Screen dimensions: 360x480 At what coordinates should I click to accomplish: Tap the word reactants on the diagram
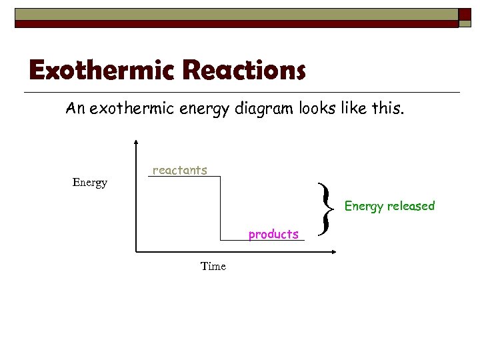click(180, 171)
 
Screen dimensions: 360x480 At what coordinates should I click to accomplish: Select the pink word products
click(273, 234)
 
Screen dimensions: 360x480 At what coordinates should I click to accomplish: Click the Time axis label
click(213, 267)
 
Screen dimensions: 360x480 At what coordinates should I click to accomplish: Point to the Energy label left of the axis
click(89, 183)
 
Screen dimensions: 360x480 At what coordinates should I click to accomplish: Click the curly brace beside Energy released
click(325, 210)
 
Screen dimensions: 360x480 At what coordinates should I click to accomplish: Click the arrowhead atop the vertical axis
click(136, 142)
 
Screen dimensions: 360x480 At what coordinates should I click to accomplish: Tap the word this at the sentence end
click(388, 109)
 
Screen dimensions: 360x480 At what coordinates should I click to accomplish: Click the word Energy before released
click(364, 206)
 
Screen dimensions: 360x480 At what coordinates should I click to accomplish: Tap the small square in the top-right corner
click(465, 13)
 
